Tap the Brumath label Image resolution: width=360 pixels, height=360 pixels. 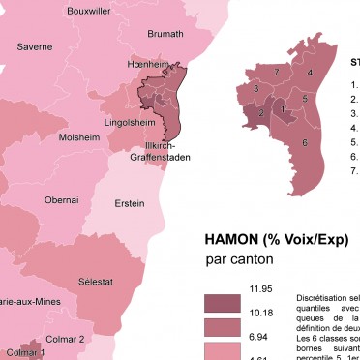click(165, 34)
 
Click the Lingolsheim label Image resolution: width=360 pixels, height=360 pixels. click(131, 124)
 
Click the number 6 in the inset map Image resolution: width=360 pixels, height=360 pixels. click(304, 143)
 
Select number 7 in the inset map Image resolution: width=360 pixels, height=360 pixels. click(277, 73)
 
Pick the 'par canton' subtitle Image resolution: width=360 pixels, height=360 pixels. click(239, 259)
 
